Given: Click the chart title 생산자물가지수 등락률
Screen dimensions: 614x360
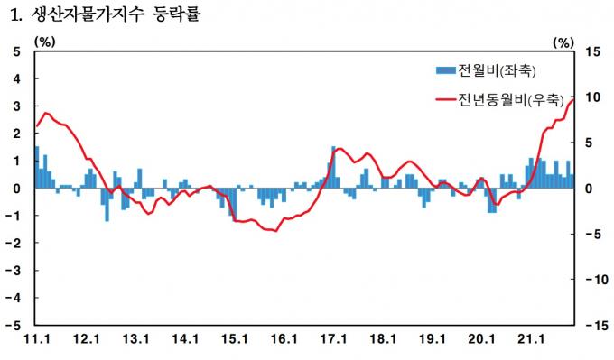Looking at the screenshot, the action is [x=116, y=14].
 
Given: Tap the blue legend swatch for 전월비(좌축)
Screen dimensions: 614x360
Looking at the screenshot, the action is [x=446, y=70].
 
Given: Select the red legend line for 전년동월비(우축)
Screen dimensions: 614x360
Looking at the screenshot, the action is [x=446, y=99].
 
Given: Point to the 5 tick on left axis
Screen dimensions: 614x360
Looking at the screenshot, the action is [x=16, y=51].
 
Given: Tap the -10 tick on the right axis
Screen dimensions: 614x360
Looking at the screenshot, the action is [x=597, y=280].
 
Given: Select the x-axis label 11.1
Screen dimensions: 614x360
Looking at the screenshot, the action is [x=37, y=339].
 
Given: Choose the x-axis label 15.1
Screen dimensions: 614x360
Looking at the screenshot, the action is [x=234, y=339].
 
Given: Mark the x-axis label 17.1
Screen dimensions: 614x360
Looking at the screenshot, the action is [x=333, y=339].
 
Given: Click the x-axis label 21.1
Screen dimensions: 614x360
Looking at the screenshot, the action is [x=531, y=339].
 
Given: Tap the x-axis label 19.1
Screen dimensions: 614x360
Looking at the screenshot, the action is [x=433, y=339].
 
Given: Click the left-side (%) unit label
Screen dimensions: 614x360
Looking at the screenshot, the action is [x=45, y=42].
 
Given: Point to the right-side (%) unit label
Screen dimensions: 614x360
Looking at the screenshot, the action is [x=563, y=42].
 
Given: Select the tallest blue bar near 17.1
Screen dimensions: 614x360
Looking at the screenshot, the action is [x=333, y=167].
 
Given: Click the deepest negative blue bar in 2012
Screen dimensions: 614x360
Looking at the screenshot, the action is [x=107, y=205].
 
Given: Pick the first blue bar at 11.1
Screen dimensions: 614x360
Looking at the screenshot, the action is [x=37, y=167].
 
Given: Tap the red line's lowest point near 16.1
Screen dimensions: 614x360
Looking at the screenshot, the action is [x=276, y=231].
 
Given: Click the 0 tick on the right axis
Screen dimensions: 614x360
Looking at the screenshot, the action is [x=589, y=189].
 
